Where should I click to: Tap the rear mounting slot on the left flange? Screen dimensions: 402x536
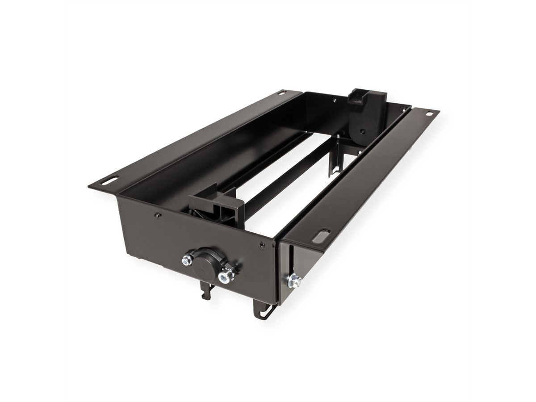pyautogui.click(x=283, y=94)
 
